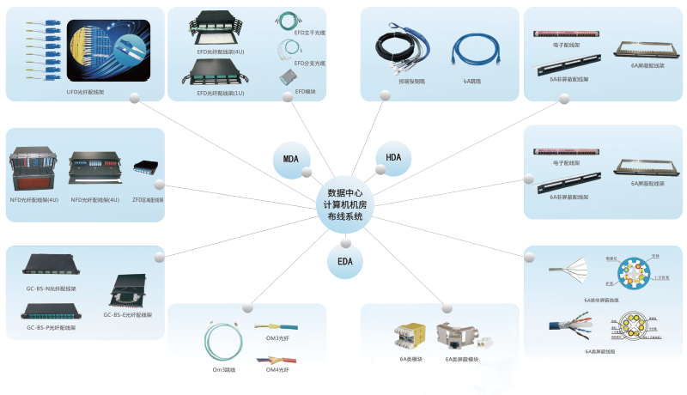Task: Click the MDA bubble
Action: pyautogui.click(x=290, y=158)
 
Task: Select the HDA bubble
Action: pyautogui.click(x=393, y=158)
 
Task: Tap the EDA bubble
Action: pyautogui.click(x=344, y=261)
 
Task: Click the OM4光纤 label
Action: pyautogui.click(x=277, y=369)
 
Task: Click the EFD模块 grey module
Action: pyautogui.click(x=287, y=77)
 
